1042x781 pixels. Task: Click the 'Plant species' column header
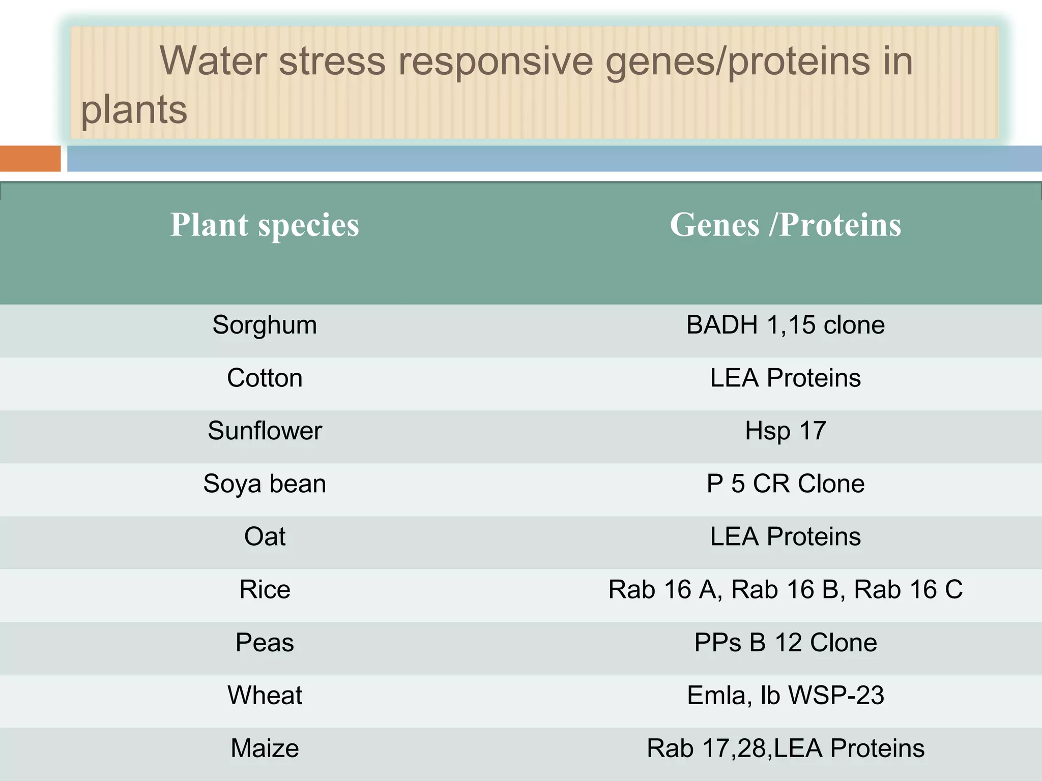(x=265, y=225)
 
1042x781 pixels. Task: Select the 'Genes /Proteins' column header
(x=785, y=225)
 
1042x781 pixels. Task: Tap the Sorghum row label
(x=265, y=325)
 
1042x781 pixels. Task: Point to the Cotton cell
(x=265, y=378)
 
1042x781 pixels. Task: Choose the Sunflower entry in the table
(x=265, y=431)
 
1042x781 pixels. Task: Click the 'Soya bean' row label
(x=265, y=484)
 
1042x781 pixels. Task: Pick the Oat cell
(x=265, y=536)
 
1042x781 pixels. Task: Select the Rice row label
(x=265, y=589)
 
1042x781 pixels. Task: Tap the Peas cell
(x=265, y=642)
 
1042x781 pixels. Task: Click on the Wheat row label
(x=265, y=695)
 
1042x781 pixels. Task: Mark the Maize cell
(x=265, y=748)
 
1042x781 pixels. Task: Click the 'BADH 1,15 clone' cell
(x=785, y=325)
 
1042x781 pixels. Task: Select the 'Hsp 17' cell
(x=785, y=431)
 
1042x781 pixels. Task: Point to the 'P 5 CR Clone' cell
(x=785, y=484)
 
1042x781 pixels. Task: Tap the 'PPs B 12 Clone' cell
(x=785, y=642)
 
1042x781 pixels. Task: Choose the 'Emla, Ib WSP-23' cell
(x=785, y=695)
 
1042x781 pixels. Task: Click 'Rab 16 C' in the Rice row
(x=908, y=589)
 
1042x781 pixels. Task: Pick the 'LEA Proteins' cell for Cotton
(x=785, y=378)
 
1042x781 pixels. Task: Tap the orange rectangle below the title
(x=30, y=159)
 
